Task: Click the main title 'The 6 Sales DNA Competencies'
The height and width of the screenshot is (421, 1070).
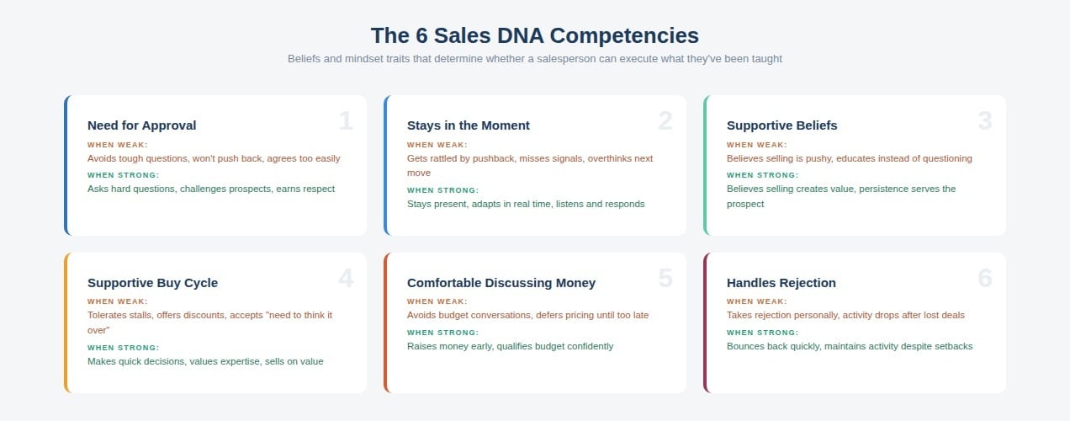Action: point(534,35)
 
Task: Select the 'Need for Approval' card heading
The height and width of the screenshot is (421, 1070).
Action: point(141,125)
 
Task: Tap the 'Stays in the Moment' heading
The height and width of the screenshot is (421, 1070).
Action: point(468,125)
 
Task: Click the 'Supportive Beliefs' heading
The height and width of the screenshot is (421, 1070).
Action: point(781,125)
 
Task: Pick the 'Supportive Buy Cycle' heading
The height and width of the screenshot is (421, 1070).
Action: point(152,283)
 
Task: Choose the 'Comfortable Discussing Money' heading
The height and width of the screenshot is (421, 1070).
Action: point(501,283)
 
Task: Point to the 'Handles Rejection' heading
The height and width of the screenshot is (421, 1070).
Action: point(781,283)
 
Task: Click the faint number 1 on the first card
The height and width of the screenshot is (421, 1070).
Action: point(346,121)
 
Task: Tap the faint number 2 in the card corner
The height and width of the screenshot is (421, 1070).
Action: point(665,121)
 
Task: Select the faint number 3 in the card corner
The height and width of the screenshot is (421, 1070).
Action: point(985,121)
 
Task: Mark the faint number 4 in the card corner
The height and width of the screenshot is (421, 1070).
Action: point(346,279)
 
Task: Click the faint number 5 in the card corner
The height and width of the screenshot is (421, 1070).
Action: point(665,279)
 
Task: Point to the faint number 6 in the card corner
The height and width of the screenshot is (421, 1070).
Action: point(985,279)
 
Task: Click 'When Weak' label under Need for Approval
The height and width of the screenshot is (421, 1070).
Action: point(118,145)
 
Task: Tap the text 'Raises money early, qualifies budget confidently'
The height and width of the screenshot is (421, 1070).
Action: point(510,346)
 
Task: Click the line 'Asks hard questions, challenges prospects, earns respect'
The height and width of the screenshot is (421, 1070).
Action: point(211,189)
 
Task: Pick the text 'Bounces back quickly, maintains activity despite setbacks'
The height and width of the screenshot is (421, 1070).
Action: point(850,346)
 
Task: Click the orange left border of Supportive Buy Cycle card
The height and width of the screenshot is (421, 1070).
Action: point(66,322)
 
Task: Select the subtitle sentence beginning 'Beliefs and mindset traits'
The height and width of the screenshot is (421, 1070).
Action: point(534,59)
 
